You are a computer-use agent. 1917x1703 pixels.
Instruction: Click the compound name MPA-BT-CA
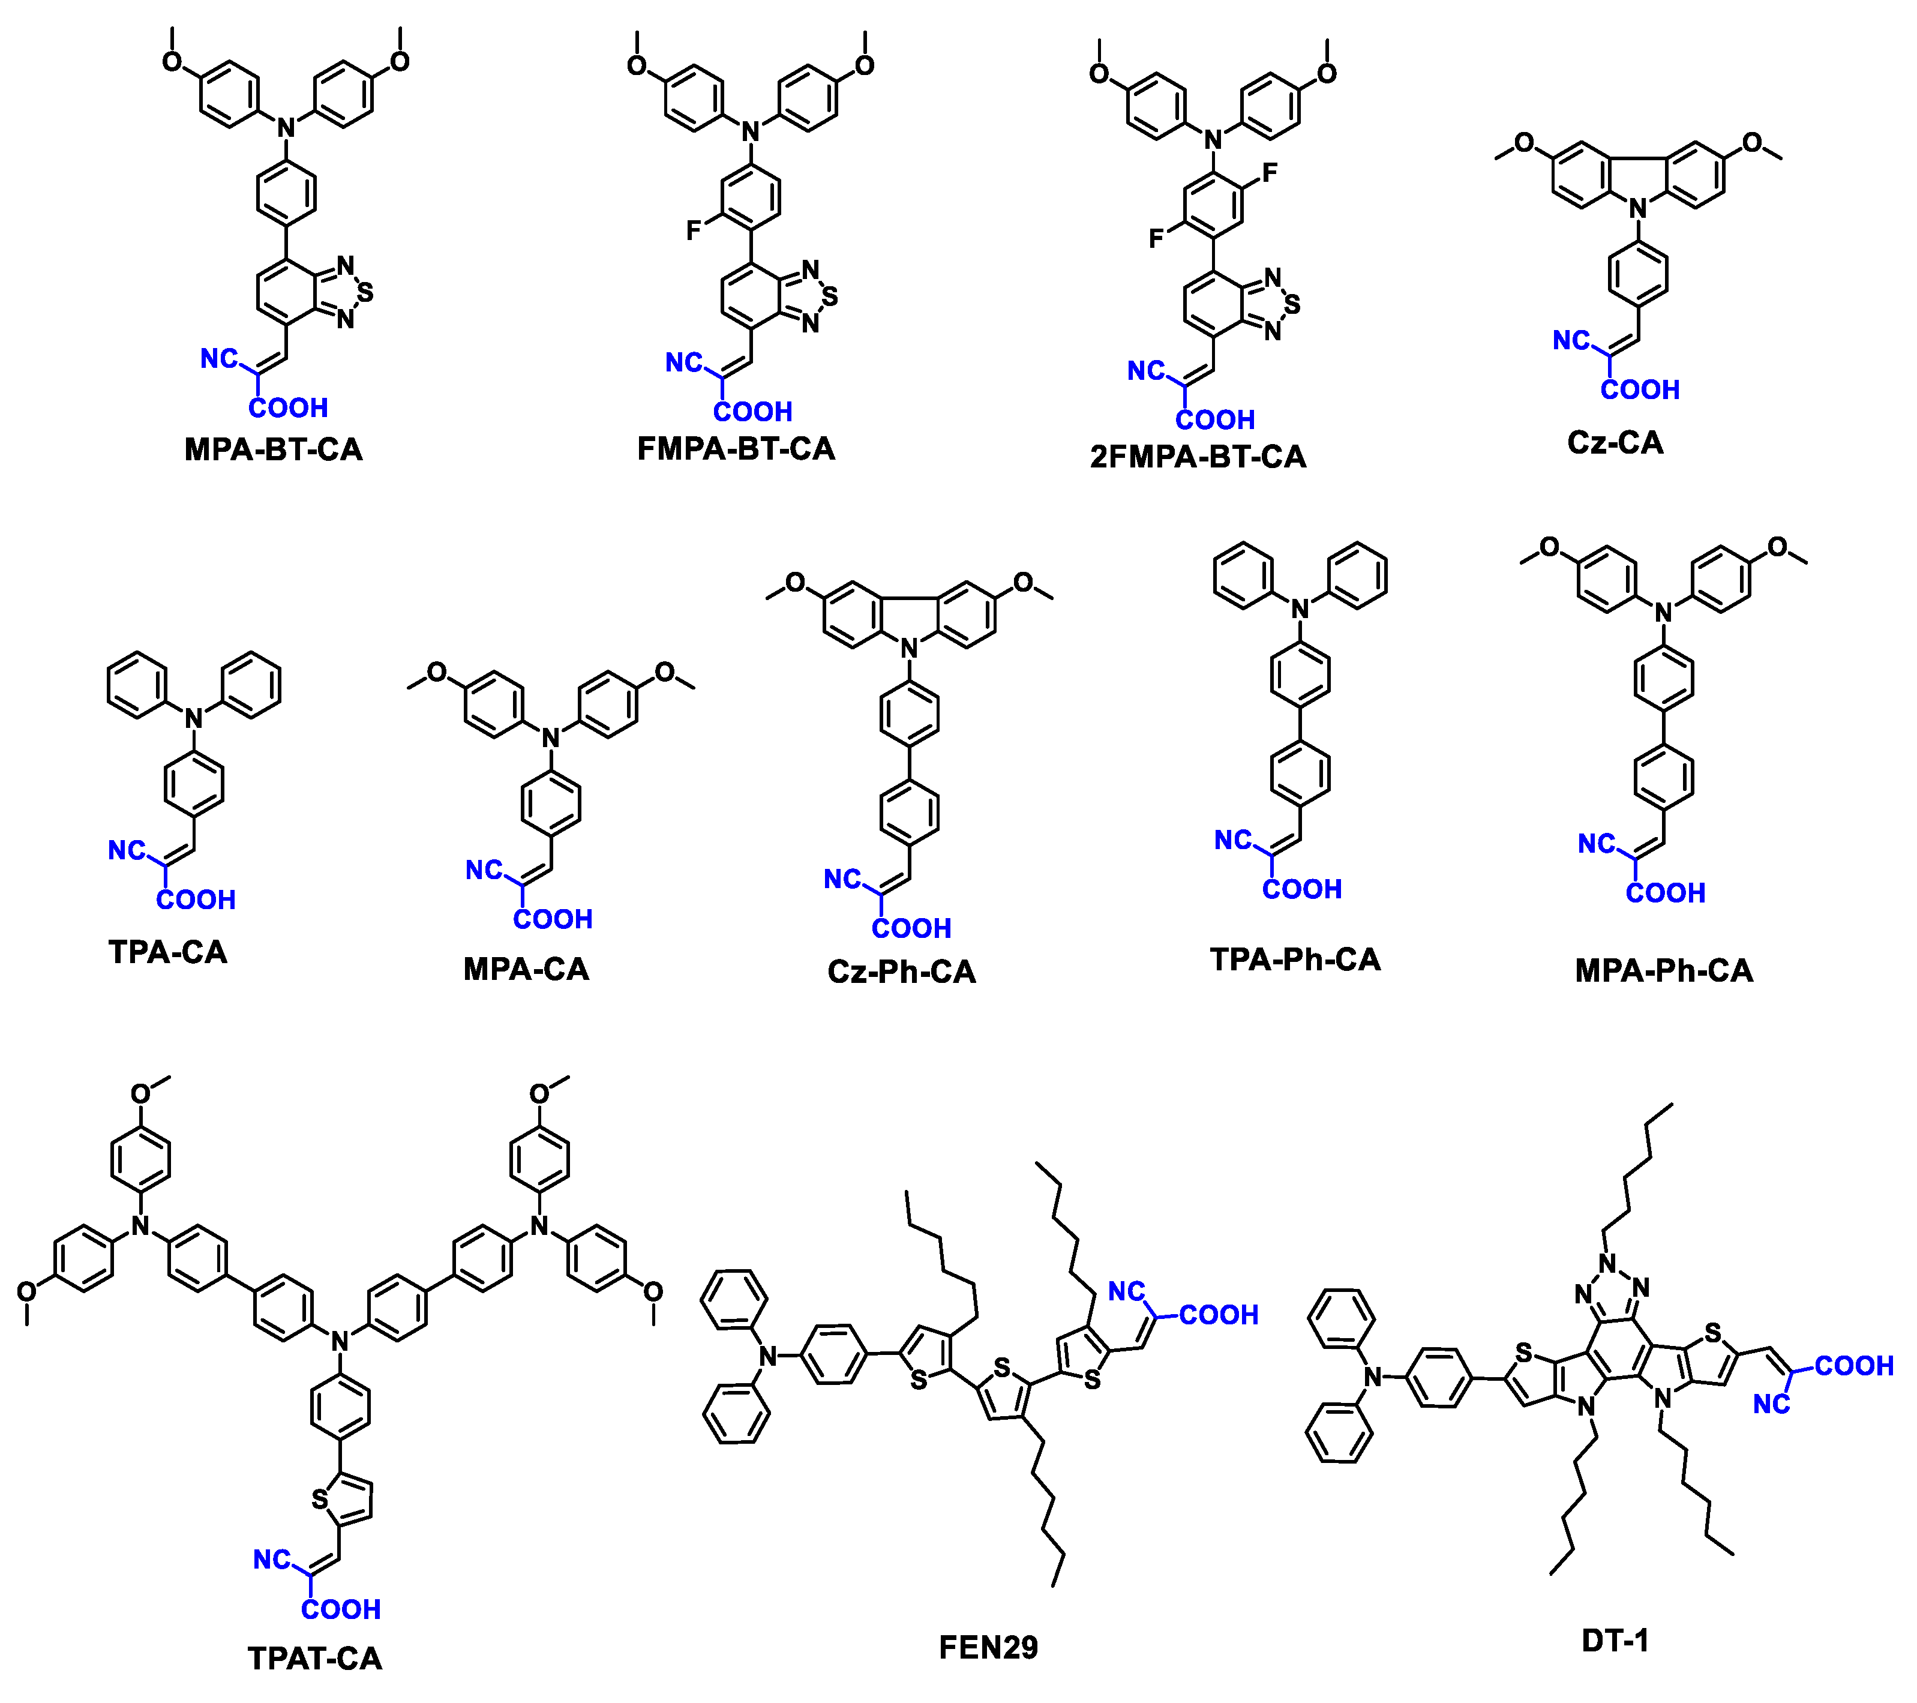(x=273, y=450)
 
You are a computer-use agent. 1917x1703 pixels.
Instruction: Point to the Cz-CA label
(x=1615, y=443)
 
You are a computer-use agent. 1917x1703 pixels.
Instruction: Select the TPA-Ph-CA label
(x=1295, y=960)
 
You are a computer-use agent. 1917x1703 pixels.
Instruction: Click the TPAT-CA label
(x=315, y=1659)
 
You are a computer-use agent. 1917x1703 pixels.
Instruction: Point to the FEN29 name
(x=989, y=1648)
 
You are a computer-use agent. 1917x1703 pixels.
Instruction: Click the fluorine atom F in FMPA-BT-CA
(x=694, y=230)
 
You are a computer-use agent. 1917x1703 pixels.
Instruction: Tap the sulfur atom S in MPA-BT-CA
(x=366, y=293)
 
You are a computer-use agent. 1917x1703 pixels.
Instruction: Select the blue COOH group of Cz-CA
(x=1639, y=390)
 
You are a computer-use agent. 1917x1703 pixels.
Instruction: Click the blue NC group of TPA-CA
(x=127, y=850)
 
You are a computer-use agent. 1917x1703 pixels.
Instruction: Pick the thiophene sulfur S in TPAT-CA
(x=320, y=1500)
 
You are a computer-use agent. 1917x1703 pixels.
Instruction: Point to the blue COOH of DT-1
(x=1854, y=1366)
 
